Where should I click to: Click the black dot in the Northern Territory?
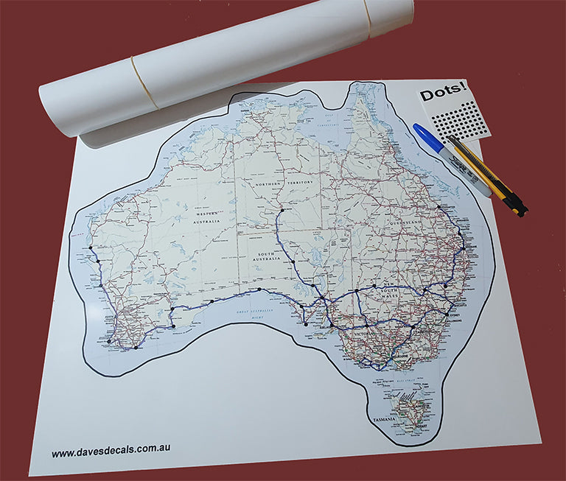point(280,211)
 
